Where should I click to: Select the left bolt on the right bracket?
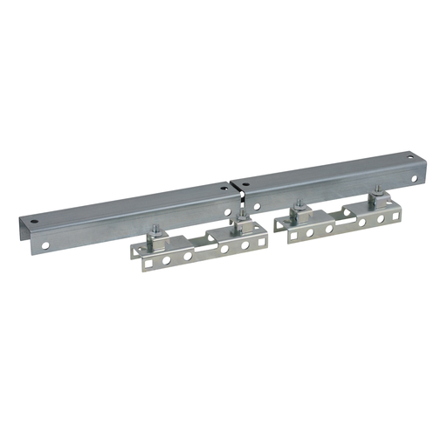[x=299, y=207]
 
